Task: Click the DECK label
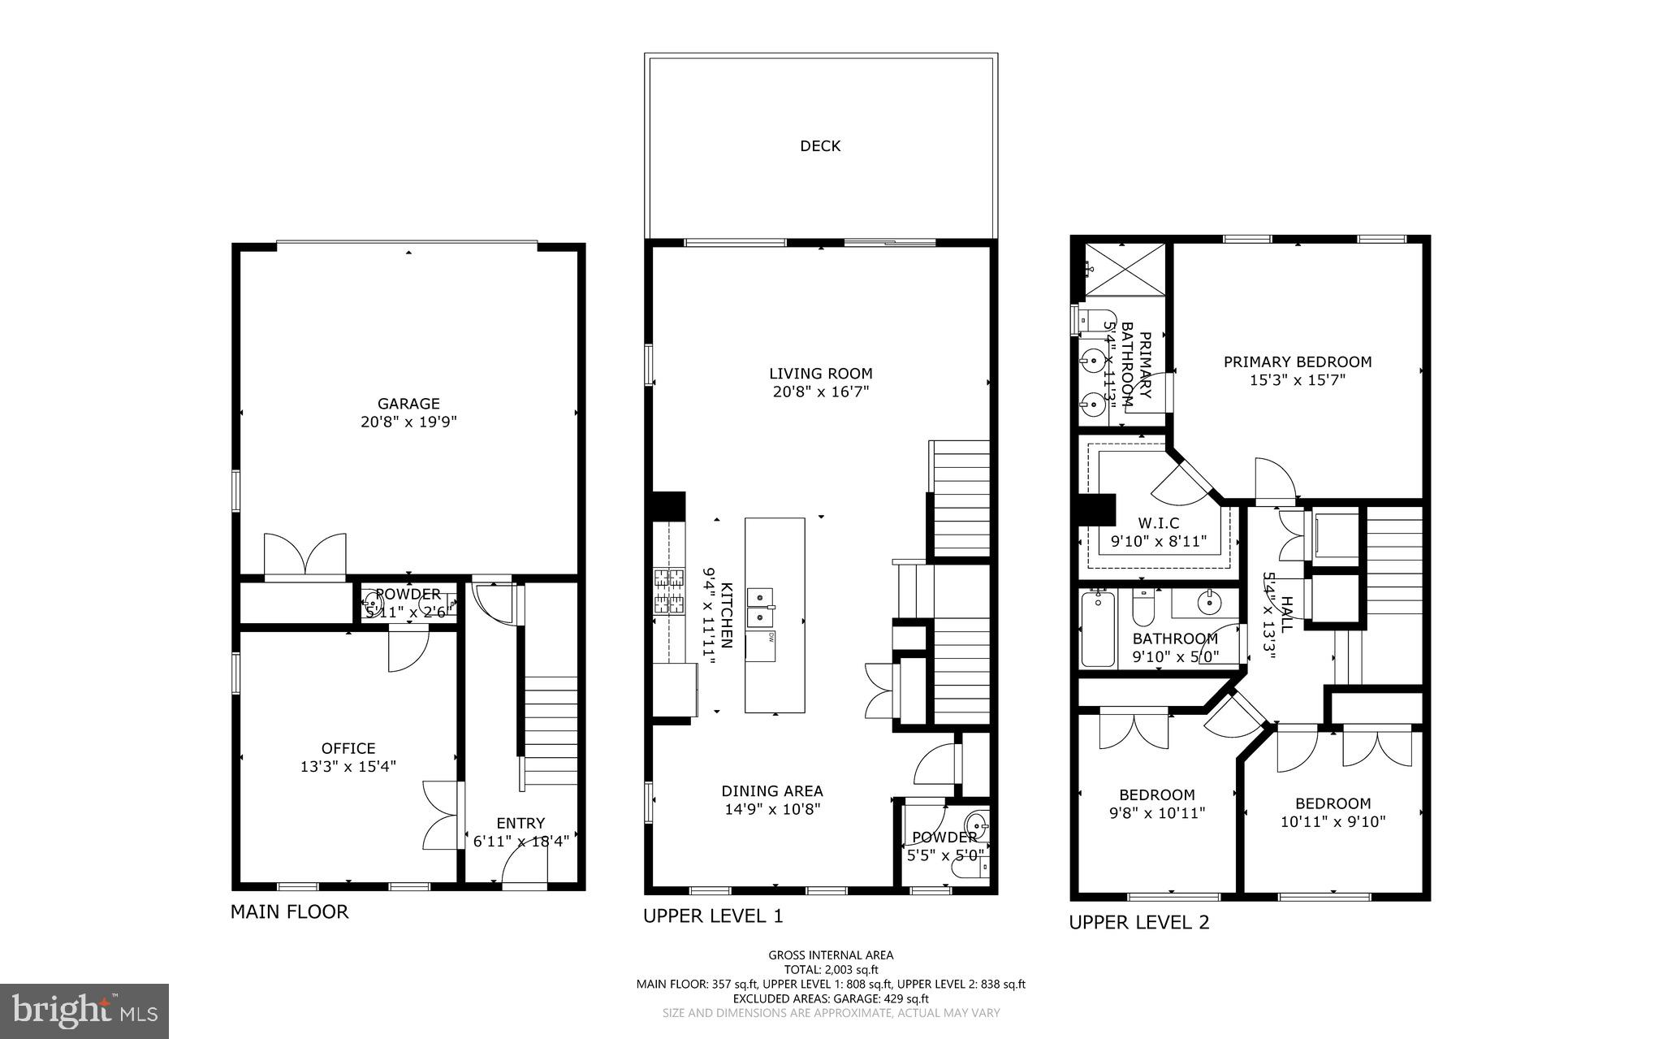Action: [820, 146]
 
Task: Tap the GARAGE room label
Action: [408, 404]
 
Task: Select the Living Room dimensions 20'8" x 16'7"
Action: [820, 392]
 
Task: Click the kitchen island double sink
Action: [760, 608]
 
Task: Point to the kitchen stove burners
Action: [669, 591]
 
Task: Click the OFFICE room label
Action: [348, 748]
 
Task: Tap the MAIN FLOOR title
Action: [289, 911]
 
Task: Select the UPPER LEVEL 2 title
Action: [1138, 922]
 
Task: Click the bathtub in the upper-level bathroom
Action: [1099, 629]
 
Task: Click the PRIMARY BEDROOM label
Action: [1298, 362]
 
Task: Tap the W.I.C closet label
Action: [1158, 523]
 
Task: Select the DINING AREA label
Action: [772, 791]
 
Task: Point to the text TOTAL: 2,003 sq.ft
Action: [831, 969]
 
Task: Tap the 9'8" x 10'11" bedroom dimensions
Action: [1157, 813]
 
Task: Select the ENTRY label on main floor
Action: [520, 823]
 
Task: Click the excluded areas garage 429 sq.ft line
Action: [831, 998]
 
